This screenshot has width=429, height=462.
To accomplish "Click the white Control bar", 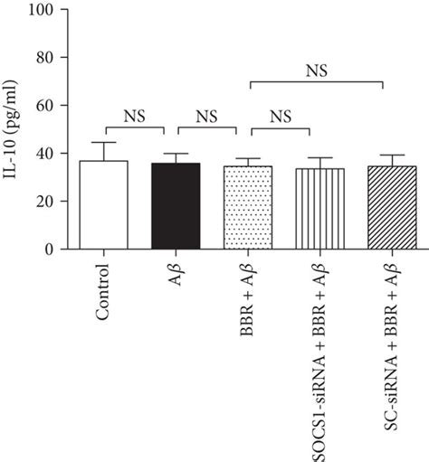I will (x=103, y=204).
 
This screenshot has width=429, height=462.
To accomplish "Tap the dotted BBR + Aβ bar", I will (x=247, y=207).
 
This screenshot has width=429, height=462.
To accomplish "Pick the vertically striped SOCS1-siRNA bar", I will (x=319, y=208).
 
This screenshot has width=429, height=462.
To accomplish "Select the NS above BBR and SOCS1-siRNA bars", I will (x=281, y=116).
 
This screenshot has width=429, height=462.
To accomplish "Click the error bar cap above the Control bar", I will (x=103, y=142).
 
